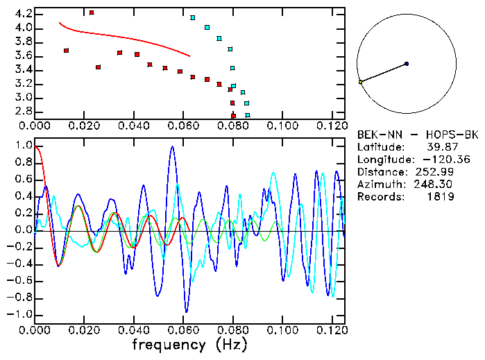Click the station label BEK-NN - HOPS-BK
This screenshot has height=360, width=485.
[x=417, y=135]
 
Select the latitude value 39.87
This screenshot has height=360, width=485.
[x=439, y=147]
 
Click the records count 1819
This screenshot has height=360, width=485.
[x=441, y=197]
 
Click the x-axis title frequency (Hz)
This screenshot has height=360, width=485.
[x=189, y=344]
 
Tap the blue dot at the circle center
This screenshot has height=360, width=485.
[x=407, y=64]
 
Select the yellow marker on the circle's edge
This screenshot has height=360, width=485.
[x=361, y=82]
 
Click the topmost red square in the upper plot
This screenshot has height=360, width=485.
[x=92, y=12]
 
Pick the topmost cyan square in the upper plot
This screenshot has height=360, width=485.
[x=192, y=17]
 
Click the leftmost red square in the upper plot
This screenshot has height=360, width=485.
[x=66, y=51]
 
